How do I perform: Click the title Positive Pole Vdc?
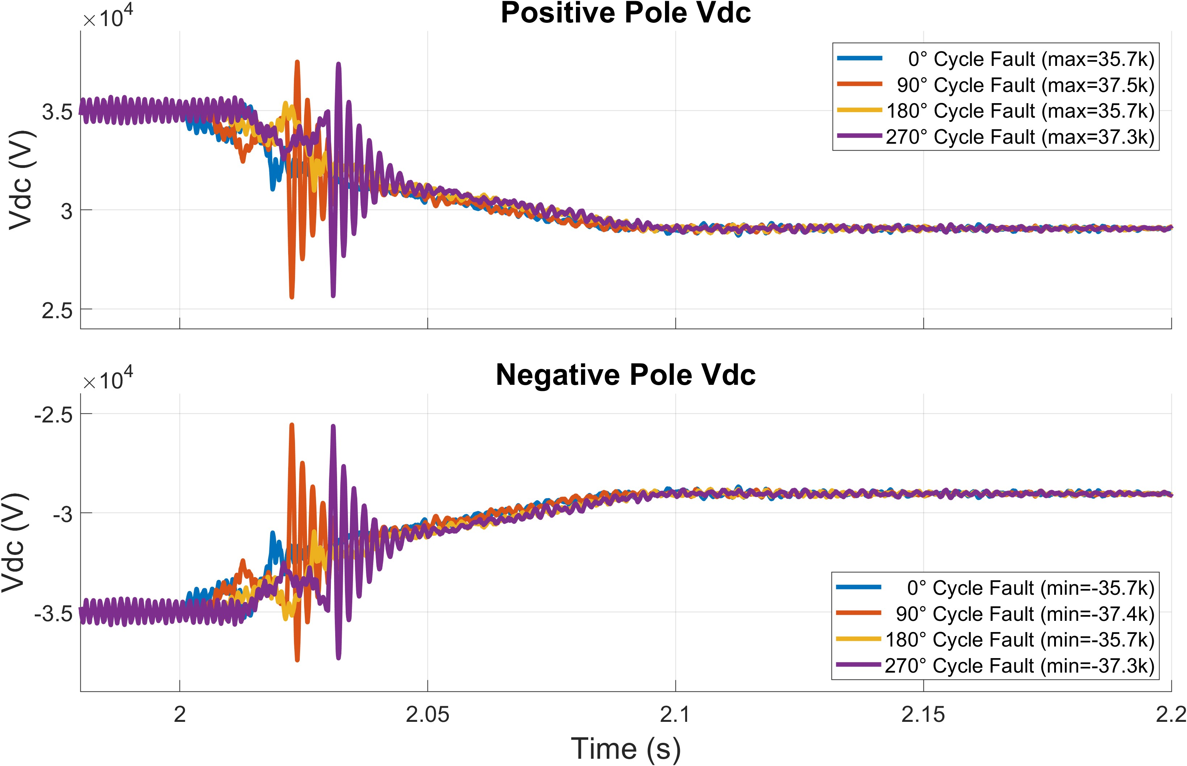tap(626, 13)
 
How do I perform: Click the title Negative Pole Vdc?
tap(626, 375)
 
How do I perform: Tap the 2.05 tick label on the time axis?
tap(428, 715)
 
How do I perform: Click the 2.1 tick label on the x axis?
tap(675, 715)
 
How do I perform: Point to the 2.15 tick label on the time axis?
tap(923, 715)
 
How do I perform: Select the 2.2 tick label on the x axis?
tap(1171, 715)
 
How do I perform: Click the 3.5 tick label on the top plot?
tap(57, 112)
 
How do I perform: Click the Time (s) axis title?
tap(626, 749)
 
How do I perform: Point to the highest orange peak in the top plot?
tap(297, 62)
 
